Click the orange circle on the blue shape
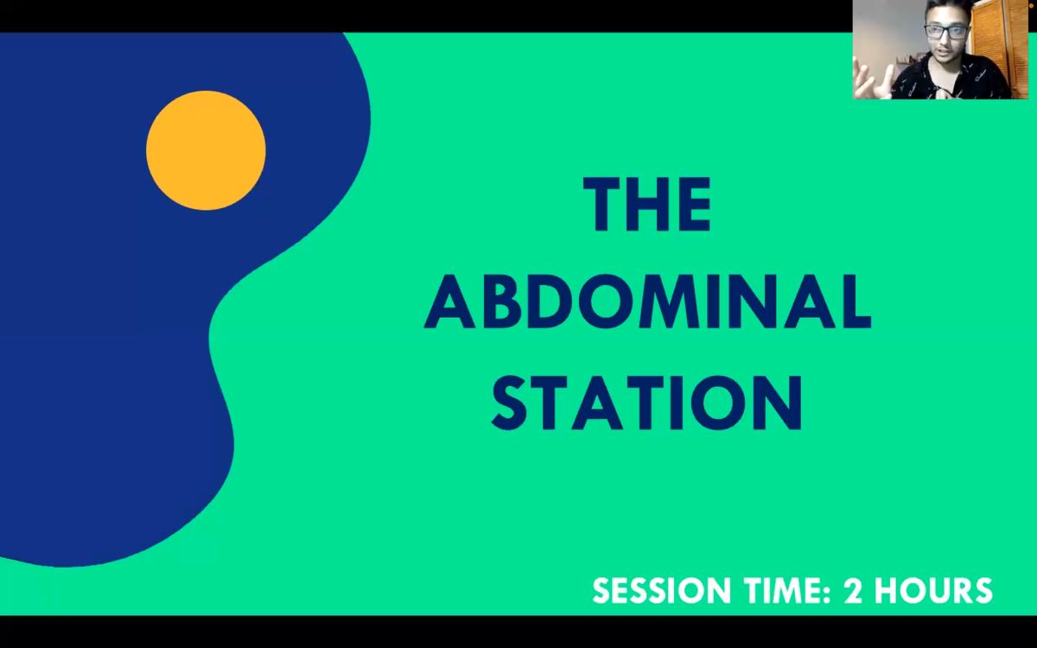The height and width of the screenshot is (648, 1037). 206,150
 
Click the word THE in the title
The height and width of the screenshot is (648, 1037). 647,204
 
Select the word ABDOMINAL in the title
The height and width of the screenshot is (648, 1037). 647,302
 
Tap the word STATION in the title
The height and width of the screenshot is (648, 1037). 646,403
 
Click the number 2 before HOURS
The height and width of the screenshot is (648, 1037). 853,591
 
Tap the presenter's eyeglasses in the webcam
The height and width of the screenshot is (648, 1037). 945,31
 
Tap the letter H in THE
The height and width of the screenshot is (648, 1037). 652,204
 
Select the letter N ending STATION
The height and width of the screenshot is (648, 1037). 778,403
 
